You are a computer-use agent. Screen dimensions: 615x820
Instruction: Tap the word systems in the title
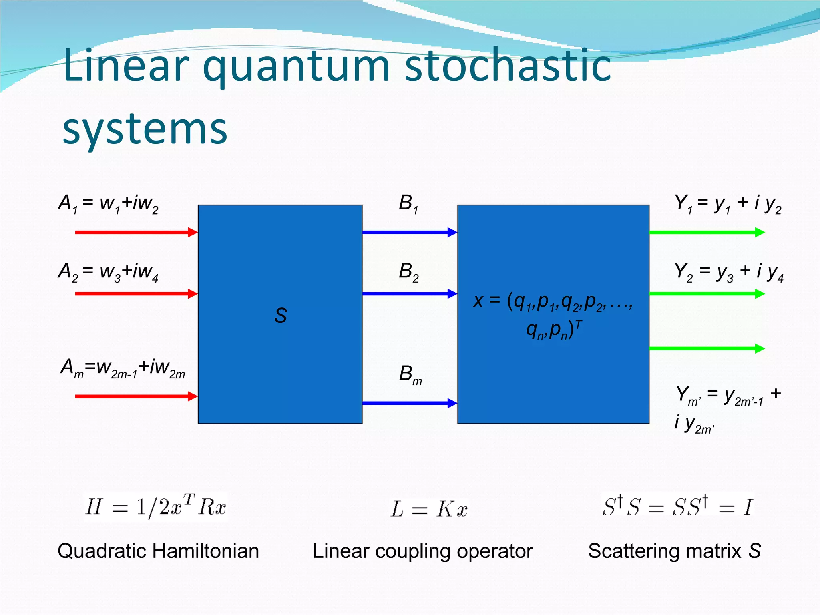click(145, 129)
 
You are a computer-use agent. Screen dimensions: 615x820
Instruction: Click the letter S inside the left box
click(280, 315)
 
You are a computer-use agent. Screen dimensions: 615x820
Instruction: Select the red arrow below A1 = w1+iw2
click(136, 232)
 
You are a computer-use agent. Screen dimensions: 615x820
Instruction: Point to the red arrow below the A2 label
click(136, 294)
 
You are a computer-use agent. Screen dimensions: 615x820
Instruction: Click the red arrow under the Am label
click(136, 396)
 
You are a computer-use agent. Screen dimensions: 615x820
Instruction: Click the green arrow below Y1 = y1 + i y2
click(707, 232)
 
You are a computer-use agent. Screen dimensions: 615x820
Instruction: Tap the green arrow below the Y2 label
click(707, 294)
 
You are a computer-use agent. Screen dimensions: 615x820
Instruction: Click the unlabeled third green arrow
click(707, 348)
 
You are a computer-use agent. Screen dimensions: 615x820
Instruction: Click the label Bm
click(410, 375)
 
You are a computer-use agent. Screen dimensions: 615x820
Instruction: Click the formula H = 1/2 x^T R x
click(156, 507)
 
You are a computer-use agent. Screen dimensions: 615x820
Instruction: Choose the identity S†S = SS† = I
click(677, 506)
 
